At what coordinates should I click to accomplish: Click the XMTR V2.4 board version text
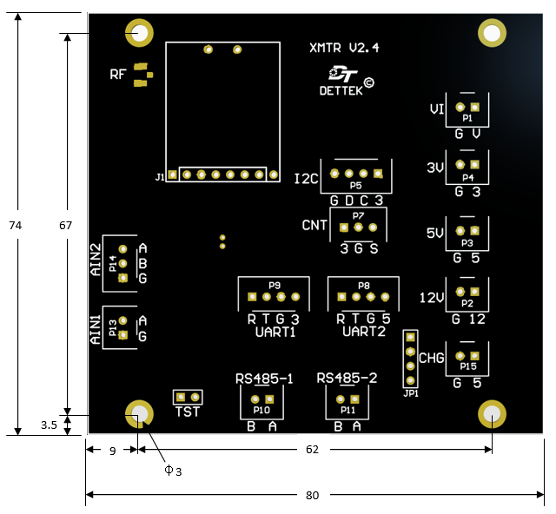tap(344, 48)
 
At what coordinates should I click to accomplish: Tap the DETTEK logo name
tap(341, 91)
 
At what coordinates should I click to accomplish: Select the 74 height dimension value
tap(16, 226)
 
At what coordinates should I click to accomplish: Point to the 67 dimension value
tap(66, 226)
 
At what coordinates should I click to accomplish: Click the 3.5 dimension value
tap(49, 425)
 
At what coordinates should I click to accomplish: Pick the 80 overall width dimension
tap(313, 495)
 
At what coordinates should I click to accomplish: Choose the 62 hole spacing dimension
tap(313, 450)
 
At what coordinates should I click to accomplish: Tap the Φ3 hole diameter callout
tap(173, 471)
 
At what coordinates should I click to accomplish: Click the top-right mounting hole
tap(492, 33)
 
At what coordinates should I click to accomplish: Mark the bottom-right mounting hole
tap(492, 413)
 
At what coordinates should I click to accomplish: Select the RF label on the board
tap(118, 75)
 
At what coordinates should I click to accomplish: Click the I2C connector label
tap(307, 179)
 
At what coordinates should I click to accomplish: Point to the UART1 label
tap(275, 333)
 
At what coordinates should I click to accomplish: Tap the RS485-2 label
tap(347, 379)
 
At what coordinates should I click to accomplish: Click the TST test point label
tap(188, 412)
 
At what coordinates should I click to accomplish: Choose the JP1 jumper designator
tap(411, 393)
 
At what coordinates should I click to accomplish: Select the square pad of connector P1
tap(475, 107)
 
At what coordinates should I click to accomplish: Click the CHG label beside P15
tap(432, 358)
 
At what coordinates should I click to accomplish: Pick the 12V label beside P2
tap(432, 298)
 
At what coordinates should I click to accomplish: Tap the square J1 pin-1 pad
tap(172, 175)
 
